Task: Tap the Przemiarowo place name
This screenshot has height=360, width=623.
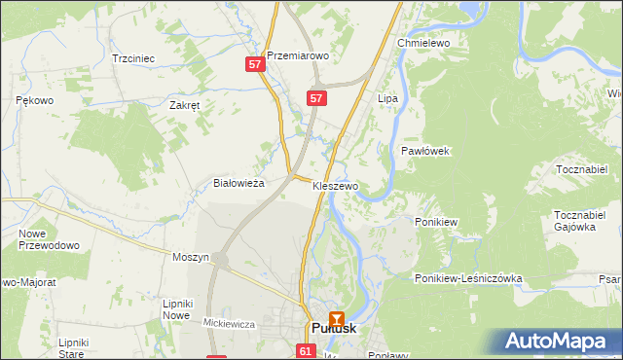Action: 298,56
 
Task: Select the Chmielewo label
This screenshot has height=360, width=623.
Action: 421,44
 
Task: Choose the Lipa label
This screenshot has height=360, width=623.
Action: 388,99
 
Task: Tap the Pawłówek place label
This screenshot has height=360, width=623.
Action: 424,151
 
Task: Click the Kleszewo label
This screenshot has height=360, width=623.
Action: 336,185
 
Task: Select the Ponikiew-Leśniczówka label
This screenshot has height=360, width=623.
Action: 468,278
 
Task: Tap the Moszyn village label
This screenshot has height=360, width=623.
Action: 191,257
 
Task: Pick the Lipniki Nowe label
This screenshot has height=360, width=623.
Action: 175,309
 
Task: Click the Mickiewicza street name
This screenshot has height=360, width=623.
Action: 229,323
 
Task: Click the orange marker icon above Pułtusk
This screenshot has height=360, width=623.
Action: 337,317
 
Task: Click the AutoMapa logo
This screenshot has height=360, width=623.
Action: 557,342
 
